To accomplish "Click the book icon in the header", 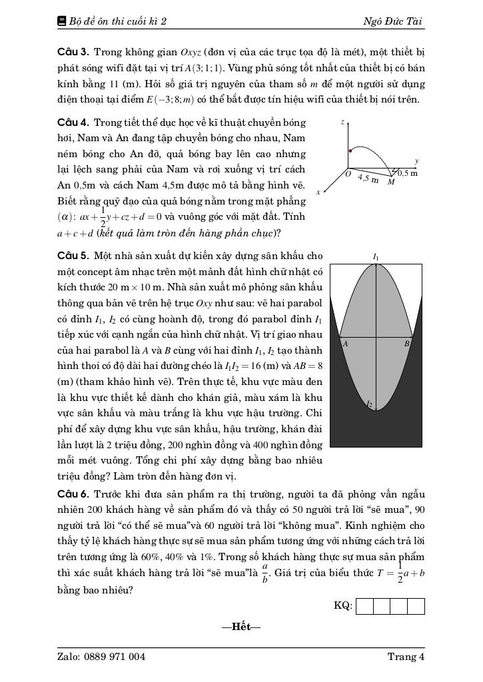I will tap(62, 21).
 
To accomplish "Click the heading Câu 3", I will tap(73, 52).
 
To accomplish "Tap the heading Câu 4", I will tap(73, 123).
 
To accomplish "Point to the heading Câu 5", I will tap(73, 256).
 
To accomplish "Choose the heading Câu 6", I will tap(73, 494).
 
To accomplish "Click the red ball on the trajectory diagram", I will tap(351, 150).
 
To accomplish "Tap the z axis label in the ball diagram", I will tap(342, 122).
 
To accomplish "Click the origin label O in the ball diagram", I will tap(348, 174).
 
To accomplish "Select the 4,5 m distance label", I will tap(368, 178).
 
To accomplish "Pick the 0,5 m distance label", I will tap(408, 173).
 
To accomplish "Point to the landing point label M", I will tap(390, 182).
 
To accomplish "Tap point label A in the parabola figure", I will tap(345, 344).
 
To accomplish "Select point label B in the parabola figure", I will tap(406, 344).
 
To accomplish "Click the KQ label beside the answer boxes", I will tap(342, 605).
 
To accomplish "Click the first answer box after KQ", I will tap(364, 606).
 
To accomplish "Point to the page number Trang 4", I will tap(406, 657).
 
